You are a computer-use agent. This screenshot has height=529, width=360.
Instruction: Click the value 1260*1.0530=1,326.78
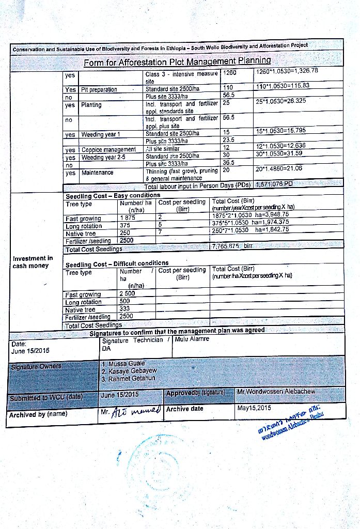click(x=286, y=71)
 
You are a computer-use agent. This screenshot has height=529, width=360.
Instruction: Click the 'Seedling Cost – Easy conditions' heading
click(x=113, y=196)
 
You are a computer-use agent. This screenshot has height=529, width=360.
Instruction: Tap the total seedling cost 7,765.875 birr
click(x=232, y=247)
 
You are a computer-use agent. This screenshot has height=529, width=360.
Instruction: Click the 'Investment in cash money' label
click(x=33, y=262)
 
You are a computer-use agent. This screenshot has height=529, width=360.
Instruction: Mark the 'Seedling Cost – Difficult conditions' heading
click(x=117, y=263)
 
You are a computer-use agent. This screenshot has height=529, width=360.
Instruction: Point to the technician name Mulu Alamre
click(x=192, y=339)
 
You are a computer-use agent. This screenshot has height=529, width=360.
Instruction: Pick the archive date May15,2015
click(x=254, y=409)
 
